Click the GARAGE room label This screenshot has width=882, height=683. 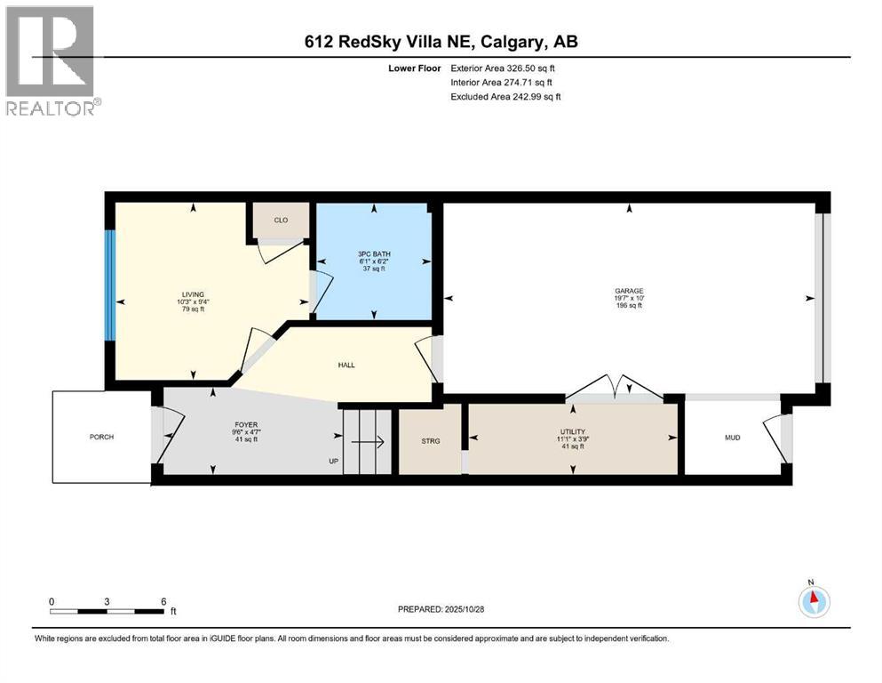point(630,291)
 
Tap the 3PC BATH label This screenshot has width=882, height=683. point(374,253)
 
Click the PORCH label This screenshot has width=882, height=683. point(101,437)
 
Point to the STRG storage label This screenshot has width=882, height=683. point(431,438)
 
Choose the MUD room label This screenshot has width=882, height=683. point(732,438)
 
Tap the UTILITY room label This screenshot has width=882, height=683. point(572,431)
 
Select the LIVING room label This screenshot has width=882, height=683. point(193,294)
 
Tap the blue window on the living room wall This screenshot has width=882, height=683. point(110,285)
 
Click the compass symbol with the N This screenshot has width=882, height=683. point(814,601)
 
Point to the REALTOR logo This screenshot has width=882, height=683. point(52,60)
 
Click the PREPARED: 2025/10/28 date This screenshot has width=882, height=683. point(441,609)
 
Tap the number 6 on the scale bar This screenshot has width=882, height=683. point(163,601)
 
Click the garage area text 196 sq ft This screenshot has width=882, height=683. point(630,305)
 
